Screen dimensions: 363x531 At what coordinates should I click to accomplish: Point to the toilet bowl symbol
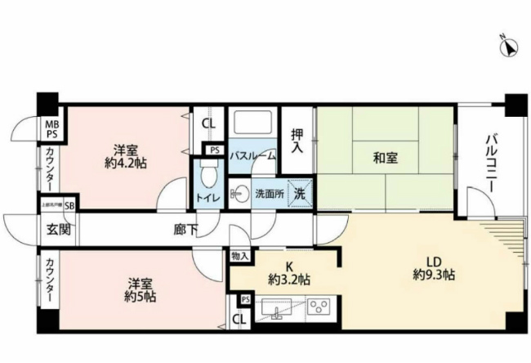coord(208,176)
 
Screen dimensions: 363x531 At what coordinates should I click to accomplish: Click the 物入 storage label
coord(239,257)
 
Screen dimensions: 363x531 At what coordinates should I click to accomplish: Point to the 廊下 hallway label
coord(184,230)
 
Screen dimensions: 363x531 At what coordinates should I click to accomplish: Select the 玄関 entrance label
coord(58,230)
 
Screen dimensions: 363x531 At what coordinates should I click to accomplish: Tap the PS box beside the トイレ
coord(214,150)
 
